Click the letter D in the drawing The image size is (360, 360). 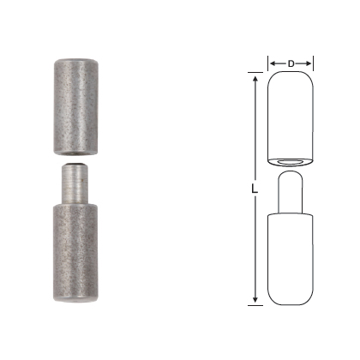pos(291,63)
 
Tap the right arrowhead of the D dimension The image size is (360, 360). pos(310,63)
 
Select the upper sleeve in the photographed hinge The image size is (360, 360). pos(73,106)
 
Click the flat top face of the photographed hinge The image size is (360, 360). pos(73,59)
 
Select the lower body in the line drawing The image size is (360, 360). pos(291,257)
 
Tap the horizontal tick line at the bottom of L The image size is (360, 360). pos(257,304)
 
